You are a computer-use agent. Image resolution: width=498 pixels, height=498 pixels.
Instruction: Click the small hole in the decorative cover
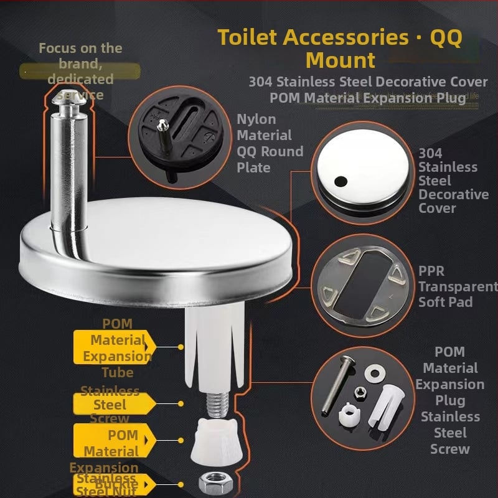pyautogui.click(x=340, y=181)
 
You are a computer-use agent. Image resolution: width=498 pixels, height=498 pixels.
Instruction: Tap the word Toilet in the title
pyautogui.click(x=247, y=37)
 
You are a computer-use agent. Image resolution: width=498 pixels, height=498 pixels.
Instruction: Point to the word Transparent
pyautogui.click(x=457, y=286)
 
